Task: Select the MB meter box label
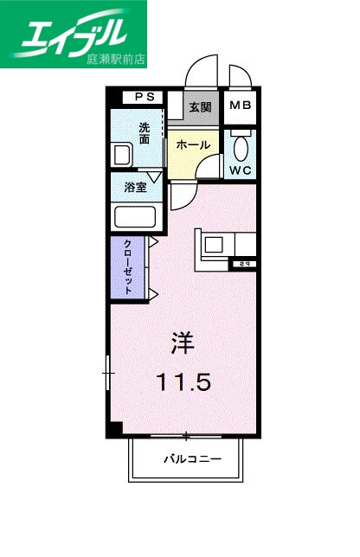coord(239,107)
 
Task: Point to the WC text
coord(240,170)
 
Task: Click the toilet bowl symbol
coord(240,144)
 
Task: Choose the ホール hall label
coord(191,145)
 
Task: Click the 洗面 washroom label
coord(145,132)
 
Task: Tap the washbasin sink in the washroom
coord(122,156)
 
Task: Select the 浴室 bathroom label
coord(134,185)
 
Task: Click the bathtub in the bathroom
coord(134,217)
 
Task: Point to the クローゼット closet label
coord(128,267)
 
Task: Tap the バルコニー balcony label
coord(193,459)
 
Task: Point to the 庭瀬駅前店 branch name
coord(116,61)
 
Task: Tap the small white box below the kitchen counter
coord(244,263)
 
